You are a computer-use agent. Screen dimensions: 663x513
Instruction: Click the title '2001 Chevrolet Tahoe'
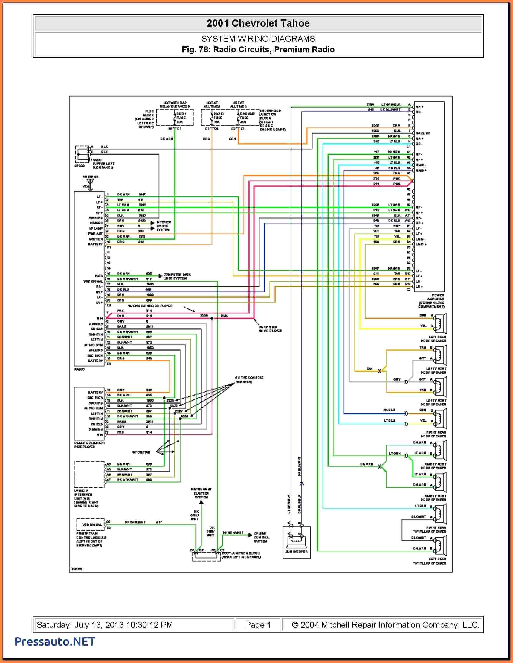[x=258, y=23]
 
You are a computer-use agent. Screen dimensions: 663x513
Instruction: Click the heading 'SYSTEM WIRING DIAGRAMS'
[x=258, y=39]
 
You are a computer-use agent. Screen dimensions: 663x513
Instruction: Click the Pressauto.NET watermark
[x=55, y=641]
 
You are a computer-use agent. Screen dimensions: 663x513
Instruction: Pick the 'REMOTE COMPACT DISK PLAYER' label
[x=89, y=444]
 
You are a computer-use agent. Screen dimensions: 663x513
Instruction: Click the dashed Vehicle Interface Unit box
[x=89, y=474]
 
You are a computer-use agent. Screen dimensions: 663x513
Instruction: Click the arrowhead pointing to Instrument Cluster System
[x=201, y=502]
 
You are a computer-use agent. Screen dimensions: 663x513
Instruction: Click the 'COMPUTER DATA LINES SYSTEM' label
[x=177, y=276]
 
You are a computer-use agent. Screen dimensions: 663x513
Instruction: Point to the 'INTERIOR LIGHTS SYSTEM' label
[x=164, y=226]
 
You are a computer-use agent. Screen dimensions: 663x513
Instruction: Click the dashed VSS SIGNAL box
[x=90, y=524]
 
